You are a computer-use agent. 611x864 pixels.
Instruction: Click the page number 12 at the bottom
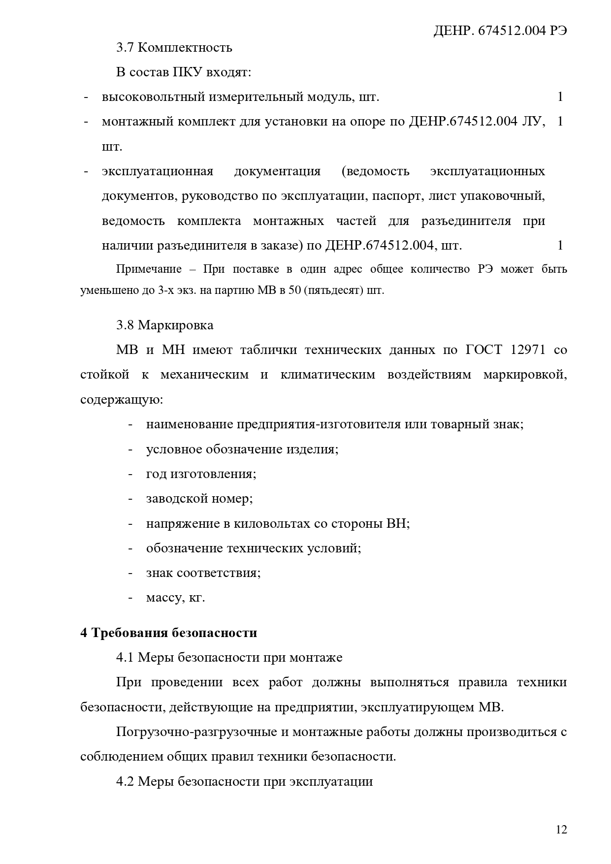[x=561, y=830]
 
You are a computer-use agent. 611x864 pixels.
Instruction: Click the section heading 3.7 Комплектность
[x=174, y=48]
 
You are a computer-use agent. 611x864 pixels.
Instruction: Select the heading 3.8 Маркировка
[x=164, y=325]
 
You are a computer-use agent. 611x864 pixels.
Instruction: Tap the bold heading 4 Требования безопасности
[x=168, y=633]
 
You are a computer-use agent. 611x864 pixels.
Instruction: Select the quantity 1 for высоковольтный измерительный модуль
[x=560, y=97]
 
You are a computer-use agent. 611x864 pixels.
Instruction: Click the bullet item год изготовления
[x=201, y=474]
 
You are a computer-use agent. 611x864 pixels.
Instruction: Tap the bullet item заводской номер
[x=199, y=499]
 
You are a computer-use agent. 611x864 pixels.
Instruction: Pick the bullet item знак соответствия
[x=203, y=573]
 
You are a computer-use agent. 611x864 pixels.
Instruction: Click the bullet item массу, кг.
[x=175, y=598]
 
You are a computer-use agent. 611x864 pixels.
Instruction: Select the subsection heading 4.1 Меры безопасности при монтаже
[x=229, y=658]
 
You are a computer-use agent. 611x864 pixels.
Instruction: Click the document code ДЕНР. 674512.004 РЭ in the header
[x=500, y=31]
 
